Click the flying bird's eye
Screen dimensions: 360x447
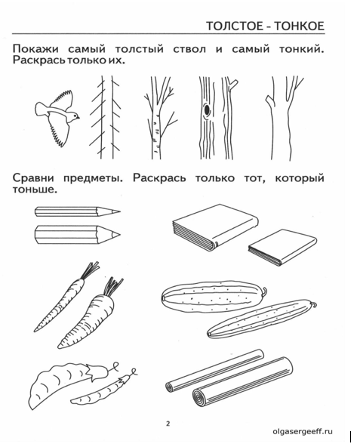pyautogui.click(x=75, y=116)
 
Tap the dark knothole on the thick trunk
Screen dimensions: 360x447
pyautogui.click(x=206, y=110)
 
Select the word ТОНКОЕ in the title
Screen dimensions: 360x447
pyautogui.click(x=300, y=26)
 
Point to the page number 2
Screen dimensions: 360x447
pyautogui.click(x=168, y=424)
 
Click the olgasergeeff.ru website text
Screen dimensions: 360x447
pyautogui.click(x=302, y=431)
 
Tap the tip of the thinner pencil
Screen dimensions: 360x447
pyautogui.click(x=120, y=211)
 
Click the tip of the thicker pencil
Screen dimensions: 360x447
pyautogui.click(x=119, y=235)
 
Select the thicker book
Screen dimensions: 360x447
pyautogui.click(x=216, y=227)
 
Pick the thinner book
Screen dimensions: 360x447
pyautogui.click(x=283, y=248)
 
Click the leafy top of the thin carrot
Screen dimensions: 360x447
pyautogui.click(x=90, y=270)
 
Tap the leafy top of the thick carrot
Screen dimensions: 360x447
pyautogui.click(x=113, y=286)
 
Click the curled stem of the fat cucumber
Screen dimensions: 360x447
pyautogui.click(x=265, y=291)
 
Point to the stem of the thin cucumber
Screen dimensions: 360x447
pyautogui.click(x=314, y=305)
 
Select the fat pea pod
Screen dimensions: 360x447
pyautogui.click(x=68, y=384)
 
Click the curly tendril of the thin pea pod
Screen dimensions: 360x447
pyautogui.click(x=133, y=372)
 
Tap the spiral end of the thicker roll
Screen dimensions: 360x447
pyautogui.click(x=198, y=397)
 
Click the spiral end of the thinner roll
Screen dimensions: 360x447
pyautogui.click(x=170, y=387)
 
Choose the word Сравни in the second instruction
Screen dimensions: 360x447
pyautogui.click(x=33, y=178)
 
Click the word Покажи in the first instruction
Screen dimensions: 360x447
pyautogui.click(x=35, y=49)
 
